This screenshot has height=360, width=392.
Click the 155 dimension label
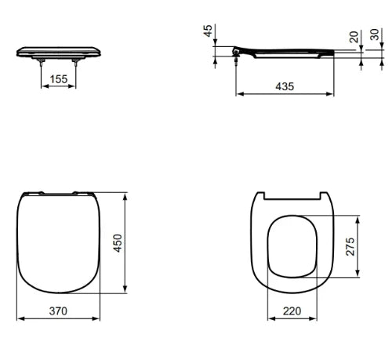59,79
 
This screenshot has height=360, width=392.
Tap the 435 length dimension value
285,86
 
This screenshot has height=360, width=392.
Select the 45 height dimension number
208,31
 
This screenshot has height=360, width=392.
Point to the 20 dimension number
354,37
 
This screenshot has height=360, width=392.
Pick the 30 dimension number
375,35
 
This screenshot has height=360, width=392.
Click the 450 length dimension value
118,243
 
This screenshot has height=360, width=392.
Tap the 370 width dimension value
58,311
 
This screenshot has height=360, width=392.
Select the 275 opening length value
350,246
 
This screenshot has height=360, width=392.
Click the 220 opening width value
292,311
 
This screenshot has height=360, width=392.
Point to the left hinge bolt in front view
41,63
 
